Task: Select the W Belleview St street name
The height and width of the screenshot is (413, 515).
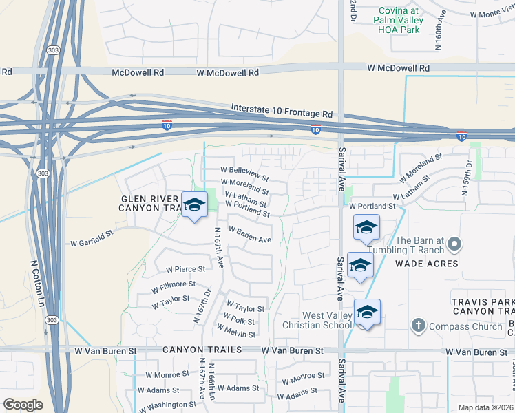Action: click(x=244, y=169)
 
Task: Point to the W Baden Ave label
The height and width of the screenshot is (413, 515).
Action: click(x=249, y=235)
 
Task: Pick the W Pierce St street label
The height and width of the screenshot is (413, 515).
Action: click(x=181, y=269)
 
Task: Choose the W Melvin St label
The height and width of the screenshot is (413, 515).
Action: click(x=235, y=330)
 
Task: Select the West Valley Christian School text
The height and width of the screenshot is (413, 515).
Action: click(x=317, y=320)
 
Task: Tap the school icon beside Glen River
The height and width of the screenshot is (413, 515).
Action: click(x=194, y=204)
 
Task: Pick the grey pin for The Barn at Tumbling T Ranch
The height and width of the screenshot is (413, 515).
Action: click(x=454, y=244)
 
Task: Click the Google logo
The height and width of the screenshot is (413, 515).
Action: click(x=23, y=405)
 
